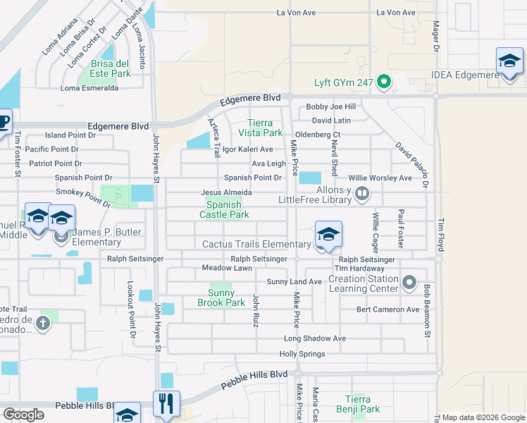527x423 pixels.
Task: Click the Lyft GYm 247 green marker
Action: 384,83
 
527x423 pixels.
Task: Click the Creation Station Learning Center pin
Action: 410,283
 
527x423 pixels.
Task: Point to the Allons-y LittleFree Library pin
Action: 362,192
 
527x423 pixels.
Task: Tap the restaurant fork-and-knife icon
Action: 166,404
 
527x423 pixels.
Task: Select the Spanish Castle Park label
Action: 224,209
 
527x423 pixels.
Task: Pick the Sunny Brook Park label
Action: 226,298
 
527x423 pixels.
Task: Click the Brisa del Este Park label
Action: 111,68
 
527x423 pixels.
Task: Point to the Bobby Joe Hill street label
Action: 330,107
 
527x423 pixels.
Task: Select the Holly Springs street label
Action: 302,354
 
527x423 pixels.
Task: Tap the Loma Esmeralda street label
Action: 89,88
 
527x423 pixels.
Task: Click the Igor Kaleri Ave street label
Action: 247,149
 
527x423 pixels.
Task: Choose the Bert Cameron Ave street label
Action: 387,309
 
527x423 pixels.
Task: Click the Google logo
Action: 24,415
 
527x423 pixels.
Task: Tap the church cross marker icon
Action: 43,324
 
